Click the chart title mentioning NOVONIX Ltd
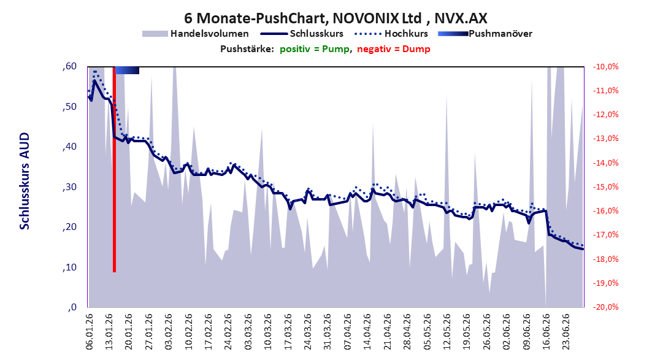(336, 18)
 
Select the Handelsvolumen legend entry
(196, 33)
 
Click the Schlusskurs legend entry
(302, 33)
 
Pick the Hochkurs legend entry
(391, 33)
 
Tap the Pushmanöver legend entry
(485, 33)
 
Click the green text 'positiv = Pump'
(315, 49)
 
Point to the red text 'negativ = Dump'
(394, 49)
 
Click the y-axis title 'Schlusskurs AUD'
(25, 181)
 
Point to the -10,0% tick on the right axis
(605, 67)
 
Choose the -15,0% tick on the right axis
(605, 186)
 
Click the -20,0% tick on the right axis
(605, 307)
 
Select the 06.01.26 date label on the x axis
(90, 332)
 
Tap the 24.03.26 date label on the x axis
(308, 332)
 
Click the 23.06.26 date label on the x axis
(566, 332)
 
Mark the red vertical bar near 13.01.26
(114, 169)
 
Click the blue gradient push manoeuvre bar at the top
(127, 70)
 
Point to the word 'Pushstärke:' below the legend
(247, 49)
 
